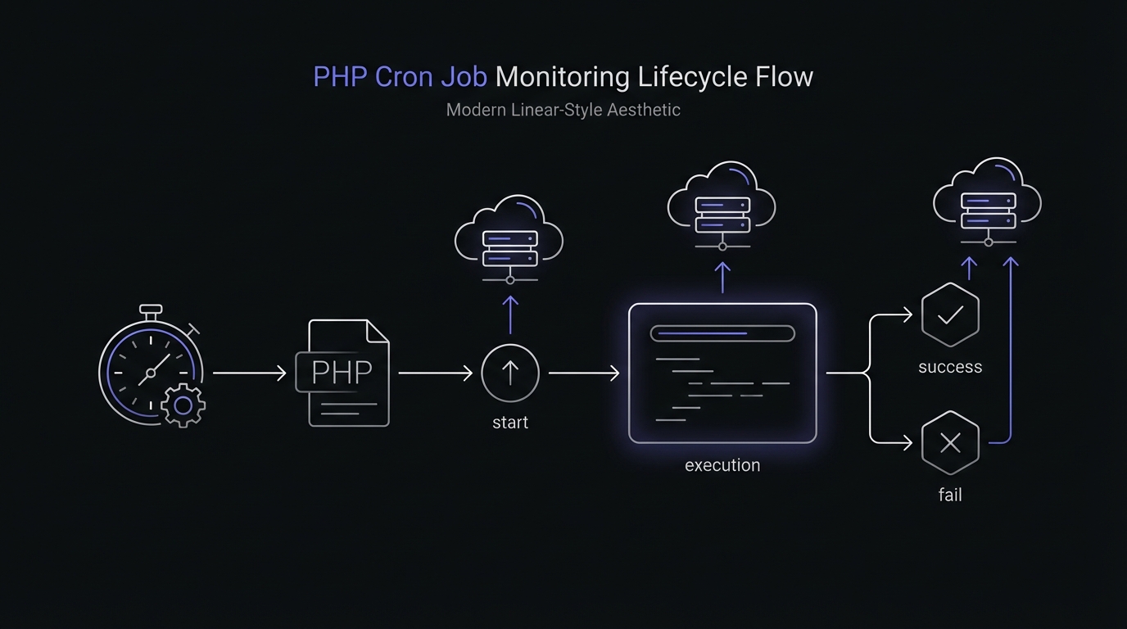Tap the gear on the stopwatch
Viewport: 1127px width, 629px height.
pyautogui.click(x=183, y=405)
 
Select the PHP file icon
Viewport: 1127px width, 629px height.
pyautogui.click(x=342, y=373)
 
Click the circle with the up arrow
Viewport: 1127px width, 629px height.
pyautogui.click(x=509, y=373)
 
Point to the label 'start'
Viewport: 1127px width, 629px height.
pyautogui.click(x=509, y=423)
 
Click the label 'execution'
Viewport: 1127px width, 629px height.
pyautogui.click(x=722, y=465)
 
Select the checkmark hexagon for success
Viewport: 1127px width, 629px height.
pyautogui.click(x=950, y=315)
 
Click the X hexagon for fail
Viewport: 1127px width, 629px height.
pyautogui.click(x=950, y=443)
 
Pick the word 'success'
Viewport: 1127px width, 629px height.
pyautogui.click(x=950, y=367)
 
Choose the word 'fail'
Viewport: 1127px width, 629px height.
pyautogui.click(x=950, y=495)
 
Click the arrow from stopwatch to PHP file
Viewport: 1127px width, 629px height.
pyautogui.click(x=249, y=373)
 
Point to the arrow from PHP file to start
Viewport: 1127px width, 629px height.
pyautogui.click(x=435, y=373)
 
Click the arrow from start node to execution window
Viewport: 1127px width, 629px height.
pyautogui.click(x=584, y=373)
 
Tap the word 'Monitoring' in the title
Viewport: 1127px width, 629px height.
pyautogui.click(x=563, y=77)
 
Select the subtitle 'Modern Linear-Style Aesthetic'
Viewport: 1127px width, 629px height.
pyautogui.click(x=563, y=110)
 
